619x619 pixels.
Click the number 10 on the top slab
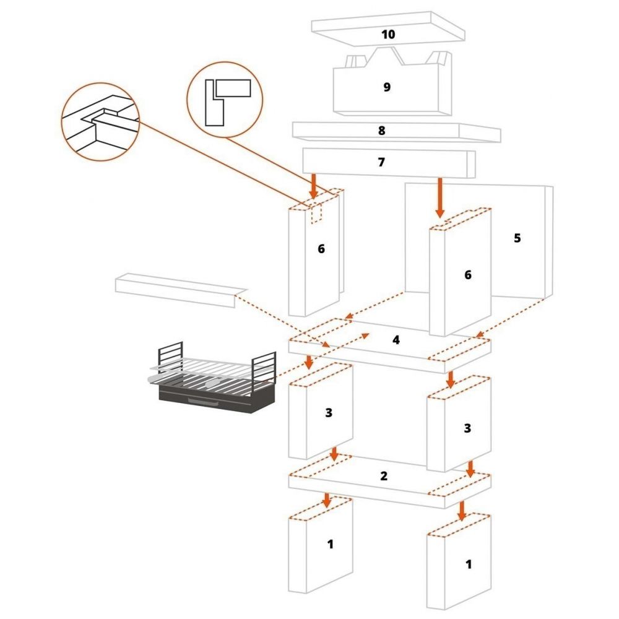pos(388,33)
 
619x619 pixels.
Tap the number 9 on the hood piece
pos(387,87)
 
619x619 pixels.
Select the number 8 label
pos(381,131)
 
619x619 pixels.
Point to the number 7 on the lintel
pos(381,162)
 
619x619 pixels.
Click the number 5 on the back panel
pos(517,238)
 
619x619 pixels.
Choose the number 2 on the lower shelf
pos(384,476)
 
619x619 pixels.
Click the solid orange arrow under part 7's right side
pos(440,197)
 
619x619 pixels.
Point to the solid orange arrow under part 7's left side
pos(314,187)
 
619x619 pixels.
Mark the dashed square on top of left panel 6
pos(316,212)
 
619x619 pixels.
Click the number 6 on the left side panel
pos(321,249)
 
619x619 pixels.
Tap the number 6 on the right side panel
pos(468,275)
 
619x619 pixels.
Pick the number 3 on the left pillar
pos(329,413)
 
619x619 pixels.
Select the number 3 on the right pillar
pos(467,428)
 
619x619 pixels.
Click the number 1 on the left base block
pos(330,544)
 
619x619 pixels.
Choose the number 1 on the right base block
pos(468,564)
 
